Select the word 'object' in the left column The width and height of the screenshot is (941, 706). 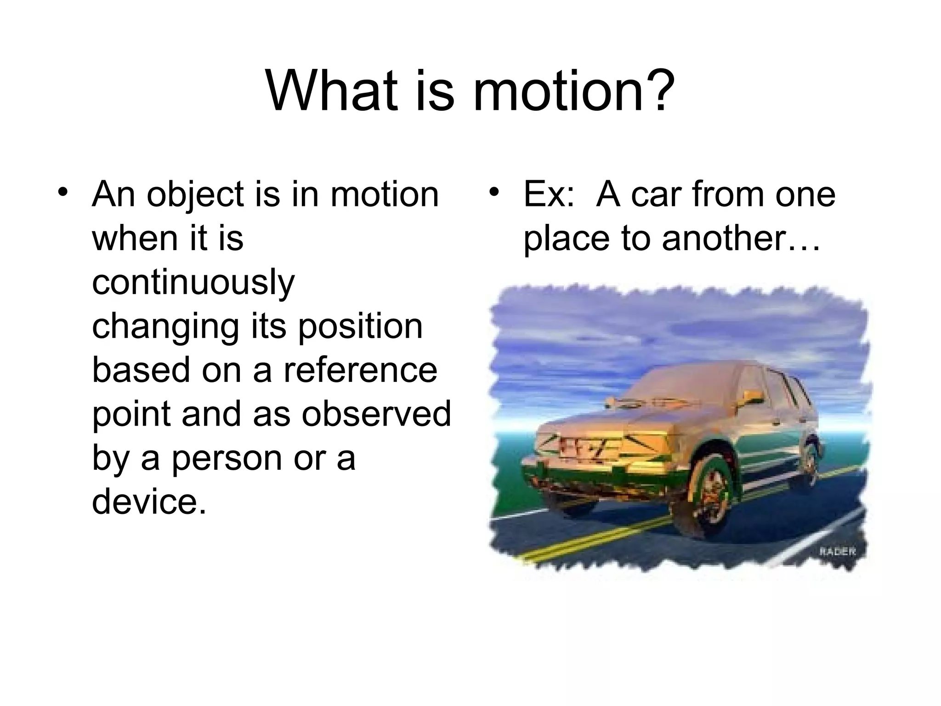tap(195, 195)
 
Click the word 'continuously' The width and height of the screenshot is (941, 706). tap(193, 283)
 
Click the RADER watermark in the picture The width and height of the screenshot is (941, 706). tap(837, 552)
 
